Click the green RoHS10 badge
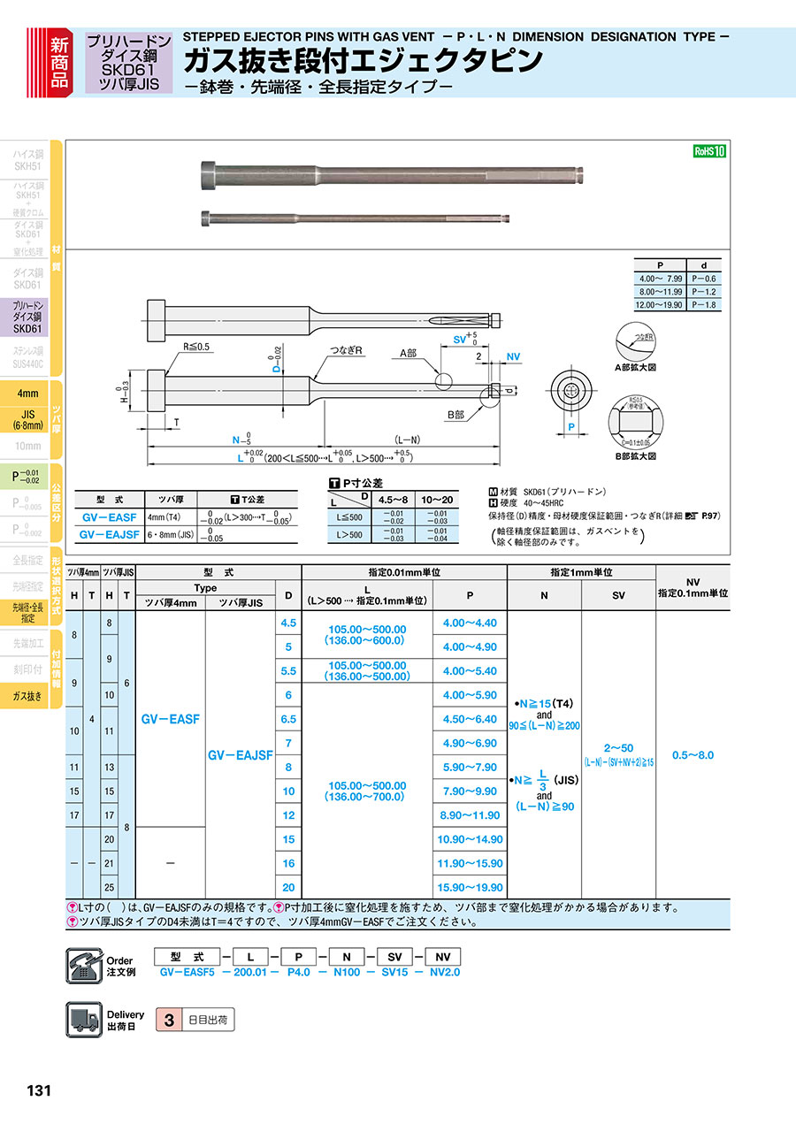tap(709, 151)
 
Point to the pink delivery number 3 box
tap(168, 1020)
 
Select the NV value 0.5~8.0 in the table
tap(693, 755)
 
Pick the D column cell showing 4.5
tap(287, 623)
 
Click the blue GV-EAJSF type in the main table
tap(240, 755)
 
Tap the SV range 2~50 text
tap(618, 748)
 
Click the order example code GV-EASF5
tap(187, 972)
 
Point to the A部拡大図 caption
tap(638, 367)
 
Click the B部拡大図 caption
tap(638, 456)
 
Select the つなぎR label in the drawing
tap(348, 351)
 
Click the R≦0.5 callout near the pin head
tap(196, 347)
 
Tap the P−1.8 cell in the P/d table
tap(702, 304)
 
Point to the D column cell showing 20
tap(287, 887)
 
